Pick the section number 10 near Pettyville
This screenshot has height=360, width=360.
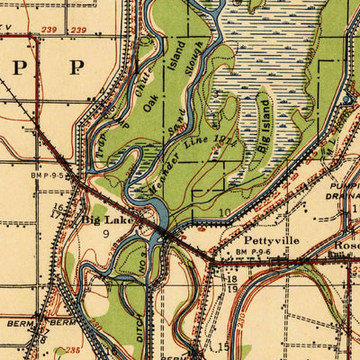click(225, 212)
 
